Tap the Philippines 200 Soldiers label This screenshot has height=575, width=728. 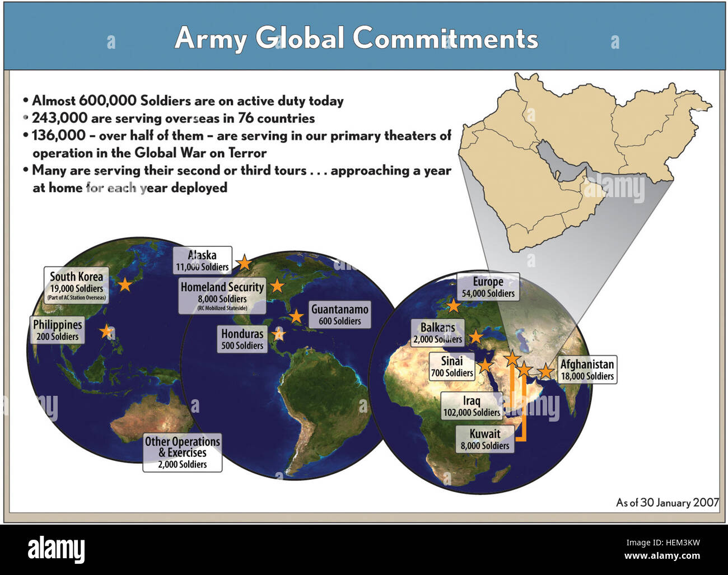tap(58, 330)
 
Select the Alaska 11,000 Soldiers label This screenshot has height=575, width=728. tap(202, 260)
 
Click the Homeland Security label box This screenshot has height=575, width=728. tap(222, 296)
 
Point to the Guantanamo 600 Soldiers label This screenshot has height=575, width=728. tap(340, 315)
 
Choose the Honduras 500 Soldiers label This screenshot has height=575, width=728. tap(242, 339)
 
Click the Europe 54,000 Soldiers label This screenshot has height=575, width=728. tap(488, 287)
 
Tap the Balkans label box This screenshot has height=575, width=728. tap(438, 333)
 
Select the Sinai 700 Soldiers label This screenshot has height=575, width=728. tap(452, 367)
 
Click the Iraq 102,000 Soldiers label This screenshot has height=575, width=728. tap(472, 406)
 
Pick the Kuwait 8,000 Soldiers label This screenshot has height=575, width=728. tap(485, 439)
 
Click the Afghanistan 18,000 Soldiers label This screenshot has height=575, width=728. tap(587, 370)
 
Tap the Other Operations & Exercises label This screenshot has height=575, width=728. tap(183, 452)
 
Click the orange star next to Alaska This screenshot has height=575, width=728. tap(244, 262)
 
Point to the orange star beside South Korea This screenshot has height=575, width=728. tap(125, 284)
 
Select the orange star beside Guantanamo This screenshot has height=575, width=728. tap(296, 316)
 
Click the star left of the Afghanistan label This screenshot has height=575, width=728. tap(545, 371)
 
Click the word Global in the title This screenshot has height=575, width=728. tap(300, 38)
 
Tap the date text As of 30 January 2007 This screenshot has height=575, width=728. tap(668, 502)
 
